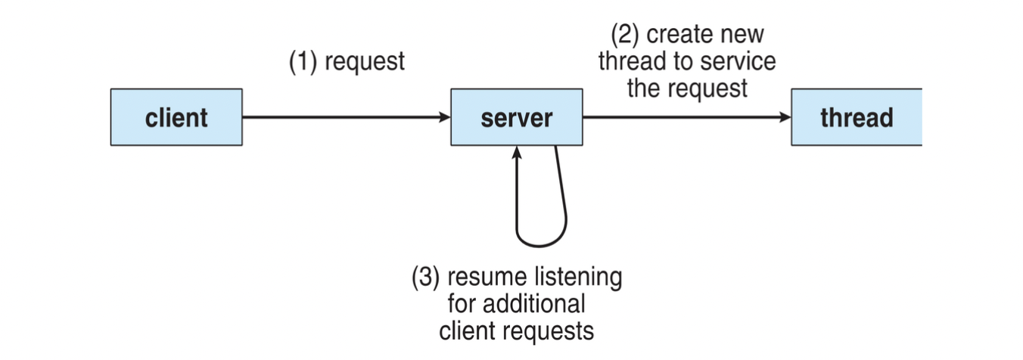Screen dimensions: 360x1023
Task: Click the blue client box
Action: pos(176,117)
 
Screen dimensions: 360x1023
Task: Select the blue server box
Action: pos(517,117)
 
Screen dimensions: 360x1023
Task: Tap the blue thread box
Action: pos(857,117)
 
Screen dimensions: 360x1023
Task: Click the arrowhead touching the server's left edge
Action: pos(444,117)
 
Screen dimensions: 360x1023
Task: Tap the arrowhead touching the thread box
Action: pos(785,117)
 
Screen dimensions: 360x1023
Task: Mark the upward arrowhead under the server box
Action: pos(518,153)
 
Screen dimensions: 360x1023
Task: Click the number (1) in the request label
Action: pos(303,61)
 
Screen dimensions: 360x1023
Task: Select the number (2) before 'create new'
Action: pos(625,35)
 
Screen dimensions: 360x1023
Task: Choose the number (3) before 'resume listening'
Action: pos(425,277)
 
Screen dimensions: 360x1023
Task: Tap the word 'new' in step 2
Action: pos(743,35)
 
